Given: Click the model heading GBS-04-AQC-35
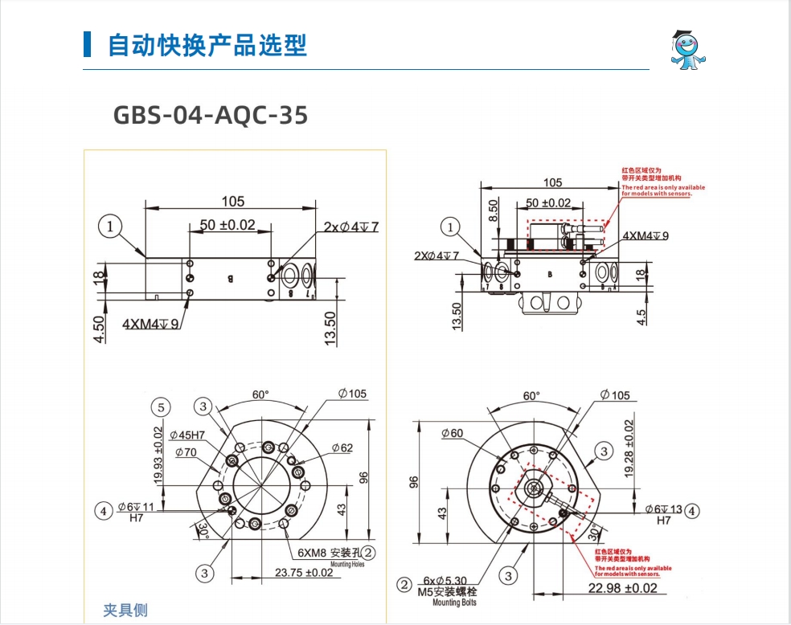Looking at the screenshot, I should pyautogui.click(x=211, y=116).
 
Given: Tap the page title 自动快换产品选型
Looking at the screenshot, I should pyautogui.click(x=207, y=45).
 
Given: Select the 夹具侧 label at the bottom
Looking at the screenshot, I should pyautogui.click(x=125, y=611).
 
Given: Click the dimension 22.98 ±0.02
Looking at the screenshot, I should pyautogui.click(x=622, y=588).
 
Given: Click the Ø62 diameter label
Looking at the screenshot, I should pyautogui.click(x=341, y=448).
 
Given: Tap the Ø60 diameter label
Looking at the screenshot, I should pyautogui.click(x=453, y=434).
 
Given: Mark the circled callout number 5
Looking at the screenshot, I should pyautogui.click(x=162, y=407).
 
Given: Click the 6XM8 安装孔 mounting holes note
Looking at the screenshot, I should pyautogui.click(x=328, y=553).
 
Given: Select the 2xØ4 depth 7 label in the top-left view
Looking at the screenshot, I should pyautogui.click(x=350, y=227).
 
